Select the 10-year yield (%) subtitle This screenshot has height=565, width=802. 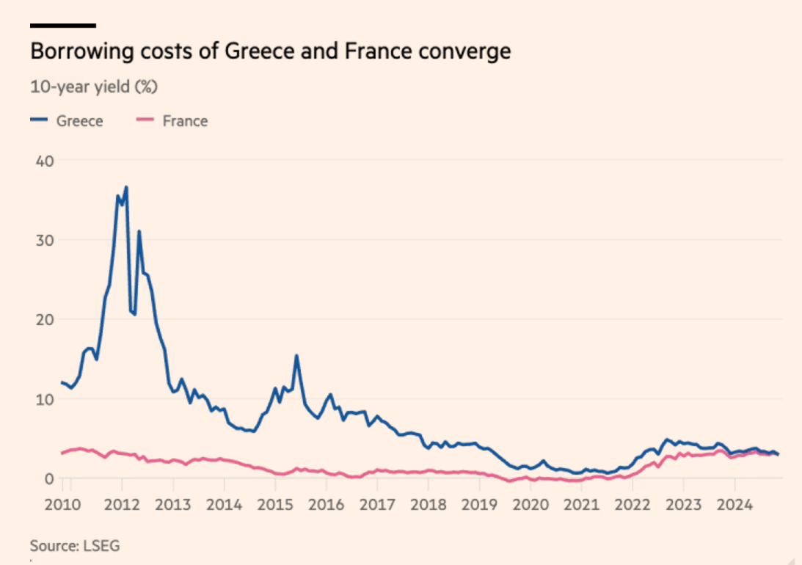coord(94,87)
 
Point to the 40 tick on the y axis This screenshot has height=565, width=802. coord(44,161)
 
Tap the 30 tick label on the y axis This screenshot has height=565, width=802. coord(44,240)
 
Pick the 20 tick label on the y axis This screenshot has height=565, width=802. coord(44,319)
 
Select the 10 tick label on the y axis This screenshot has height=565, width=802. coord(44,399)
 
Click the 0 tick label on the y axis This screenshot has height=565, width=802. coord(48,478)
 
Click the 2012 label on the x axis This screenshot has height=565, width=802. coord(123,505)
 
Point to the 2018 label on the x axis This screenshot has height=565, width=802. coord(429,505)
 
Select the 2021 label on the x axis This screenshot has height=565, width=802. coord(581,505)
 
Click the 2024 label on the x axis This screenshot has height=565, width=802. coord(734,505)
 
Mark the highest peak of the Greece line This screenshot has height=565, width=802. coord(126,187)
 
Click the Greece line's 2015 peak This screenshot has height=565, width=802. coord(296,356)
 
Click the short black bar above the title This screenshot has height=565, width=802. coord(63,26)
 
